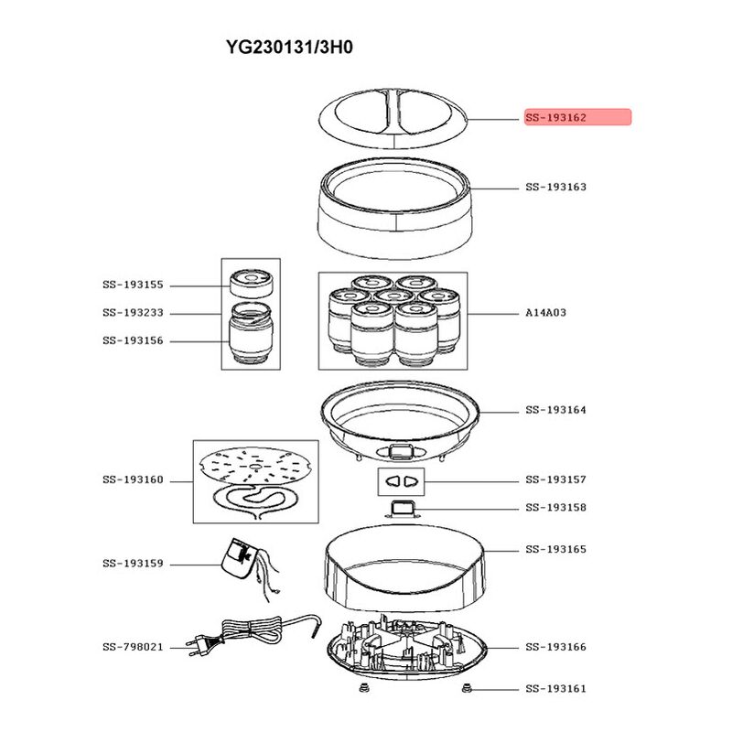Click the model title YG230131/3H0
pyautogui.click(x=289, y=48)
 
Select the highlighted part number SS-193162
pyautogui.click(x=555, y=118)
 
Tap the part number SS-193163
pyautogui.click(x=555, y=188)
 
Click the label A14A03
pyautogui.click(x=545, y=313)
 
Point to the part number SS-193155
pyautogui.click(x=133, y=285)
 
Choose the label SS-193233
pyautogui.click(x=133, y=313)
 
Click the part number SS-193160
pyautogui.click(x=133, y=479)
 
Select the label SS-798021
pyautogui.click(x=133, y=647)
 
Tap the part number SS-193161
pyautogui.click(x=555, y=689)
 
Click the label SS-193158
pyautogui.click(x=555, y=508)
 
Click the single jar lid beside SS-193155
pyautogui.click(x=251, y=283)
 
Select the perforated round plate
pyautogui.click(x=255, y=465)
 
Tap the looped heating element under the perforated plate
pyautogui.click(x=256, y=501)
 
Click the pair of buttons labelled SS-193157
pyautogui.click(x=401, y=481)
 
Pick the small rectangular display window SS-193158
pyautogui.click(x=402, y=509)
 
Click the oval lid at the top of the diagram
pyautogui.click(x=393, y=119)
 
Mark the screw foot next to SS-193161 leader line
pyautogui.click(x=465, y=688)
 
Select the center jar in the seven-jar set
pyautogui.click(x=393, y=299)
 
